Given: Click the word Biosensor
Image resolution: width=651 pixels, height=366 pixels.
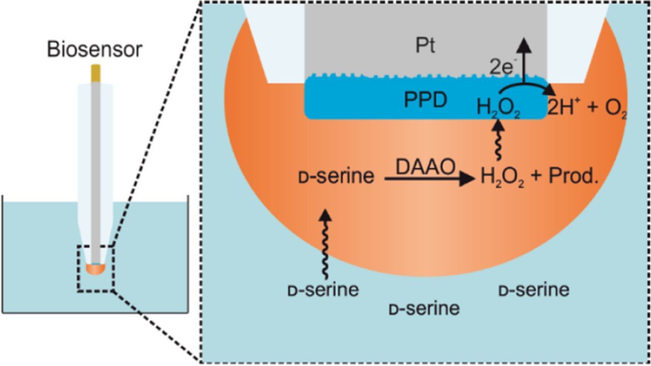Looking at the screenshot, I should (x=95, y=50).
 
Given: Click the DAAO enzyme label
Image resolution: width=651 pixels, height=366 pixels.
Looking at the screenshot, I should (x=426, y=167).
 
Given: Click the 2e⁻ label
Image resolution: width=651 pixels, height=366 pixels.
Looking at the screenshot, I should (x=502, y=68).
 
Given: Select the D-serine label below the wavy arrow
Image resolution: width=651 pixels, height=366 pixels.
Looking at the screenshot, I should (x=323, y=290).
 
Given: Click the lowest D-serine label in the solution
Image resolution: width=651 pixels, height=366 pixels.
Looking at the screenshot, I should (x=424, y=308).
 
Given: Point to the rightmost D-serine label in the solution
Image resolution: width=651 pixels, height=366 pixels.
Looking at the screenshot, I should (x=534, y=290).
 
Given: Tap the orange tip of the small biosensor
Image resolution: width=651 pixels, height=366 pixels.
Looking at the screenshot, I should (x=96, y=269).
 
